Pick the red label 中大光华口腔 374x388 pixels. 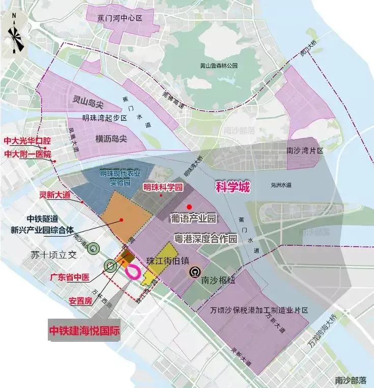click(27, 141)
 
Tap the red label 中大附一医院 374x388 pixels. click(28, 153)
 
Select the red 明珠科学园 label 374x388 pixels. click(163, 187)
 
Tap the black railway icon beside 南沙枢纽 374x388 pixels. click(194, 272)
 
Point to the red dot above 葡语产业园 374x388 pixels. click(189, 206)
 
